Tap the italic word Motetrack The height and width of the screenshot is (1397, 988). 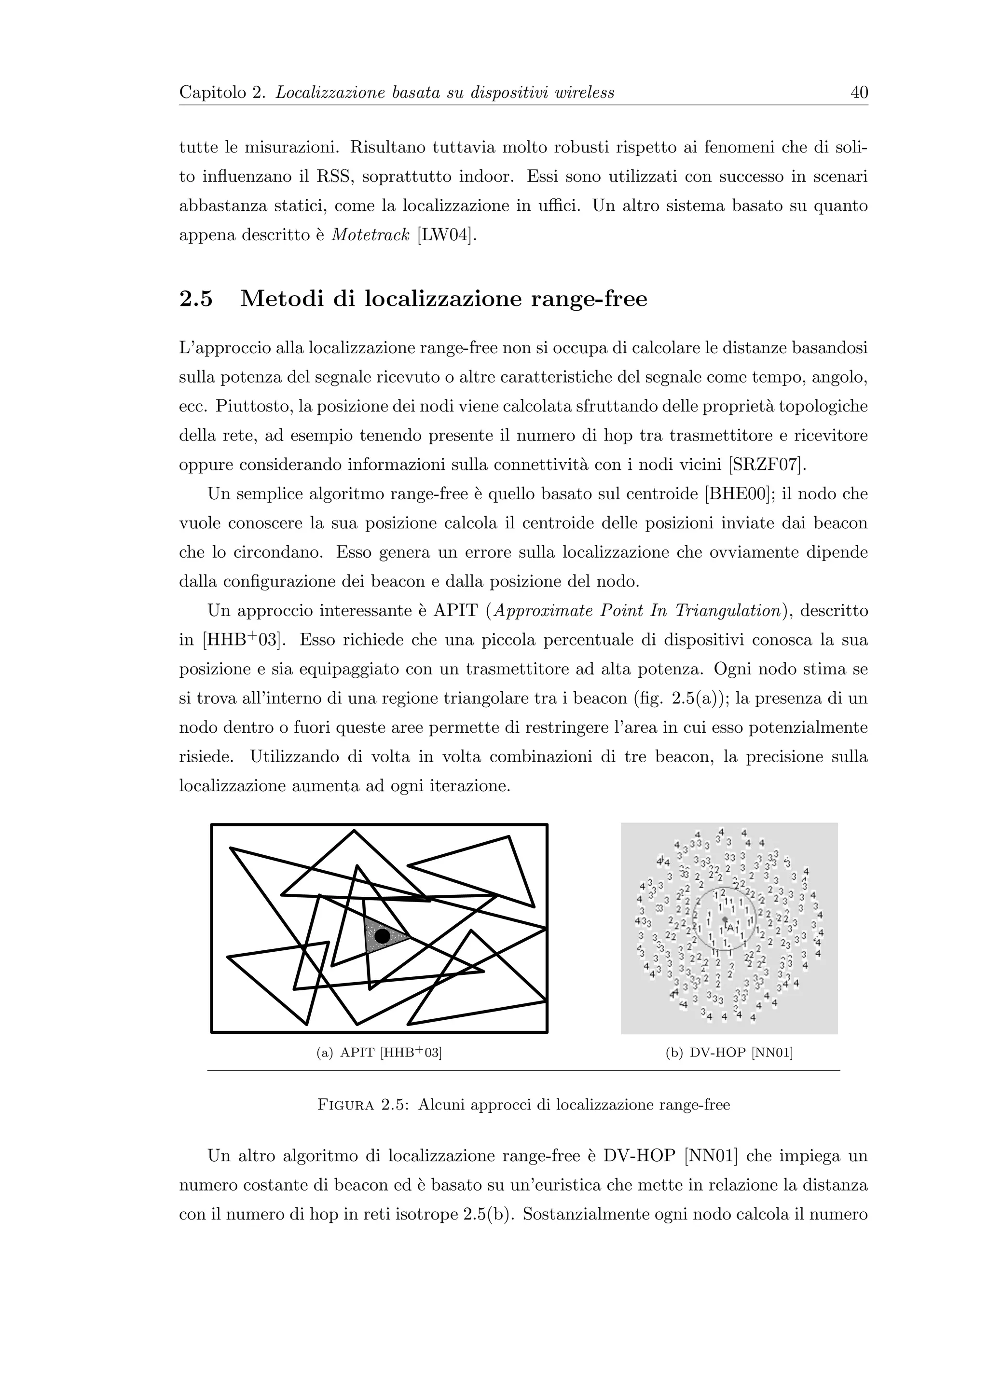370,235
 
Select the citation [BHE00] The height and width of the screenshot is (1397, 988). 736,494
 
